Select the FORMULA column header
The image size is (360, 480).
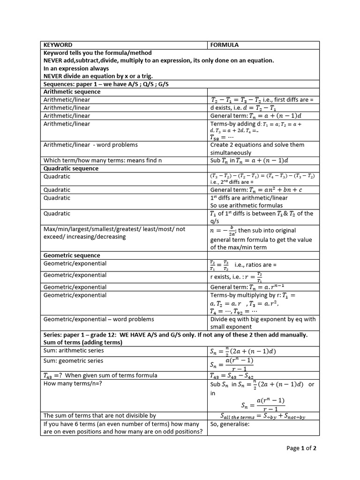(225, 45)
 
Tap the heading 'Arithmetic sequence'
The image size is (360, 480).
(72, 92)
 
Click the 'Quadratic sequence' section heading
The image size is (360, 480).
(71, 168)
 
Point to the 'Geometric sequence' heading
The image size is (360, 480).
(72, 255)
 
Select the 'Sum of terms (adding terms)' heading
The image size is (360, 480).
(82, 342)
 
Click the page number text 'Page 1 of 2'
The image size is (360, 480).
(301, 449)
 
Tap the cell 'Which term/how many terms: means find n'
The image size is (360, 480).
(102, 160)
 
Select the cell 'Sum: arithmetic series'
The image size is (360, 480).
(74, 350)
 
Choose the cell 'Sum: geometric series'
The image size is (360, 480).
(73, 361)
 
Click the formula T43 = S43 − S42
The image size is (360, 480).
(239, 375)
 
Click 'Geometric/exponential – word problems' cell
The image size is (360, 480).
(98, 319)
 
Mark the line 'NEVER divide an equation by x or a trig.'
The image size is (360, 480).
(98, 76)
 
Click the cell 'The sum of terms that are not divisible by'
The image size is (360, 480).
(99, 415)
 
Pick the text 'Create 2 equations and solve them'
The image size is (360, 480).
(257, 144)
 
